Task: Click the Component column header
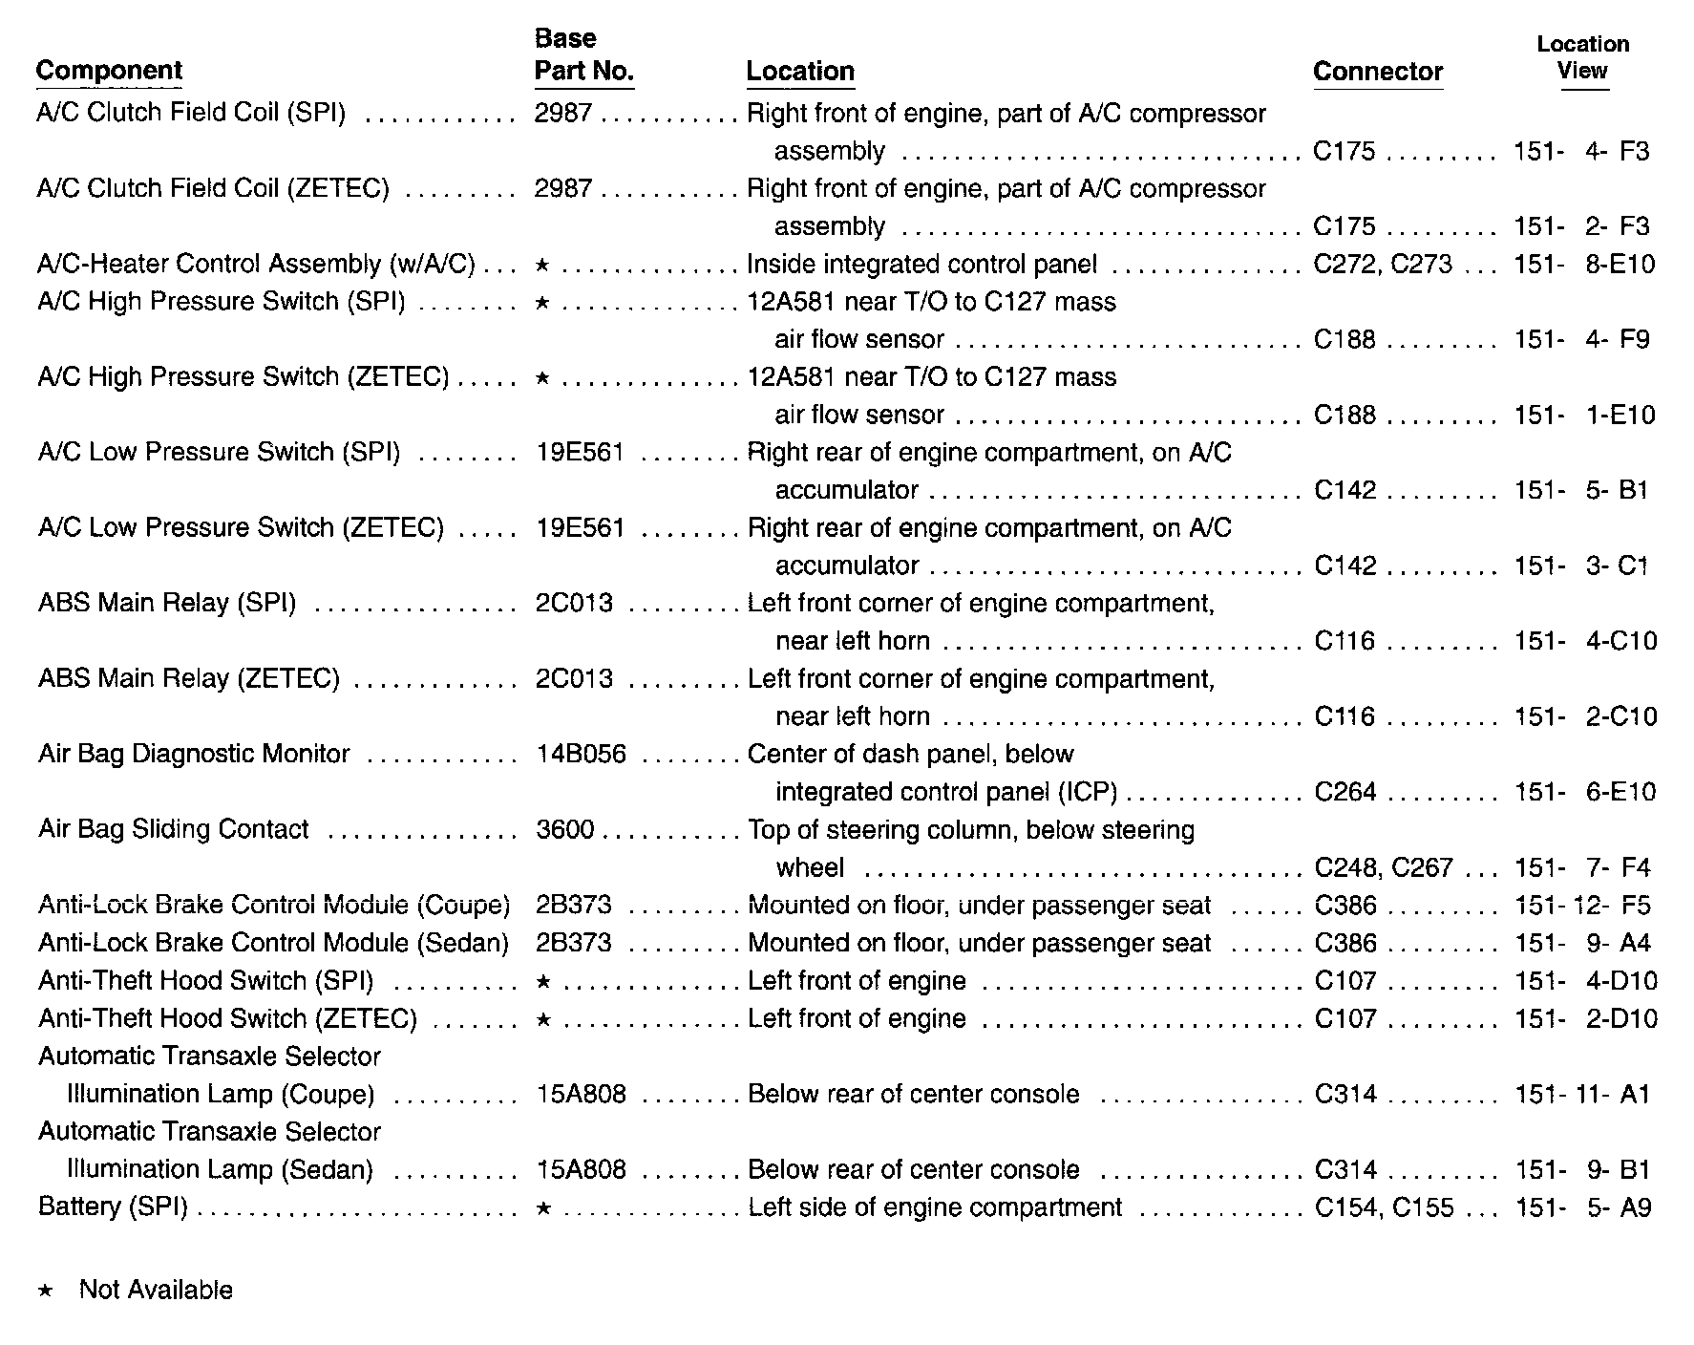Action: coord(109,71)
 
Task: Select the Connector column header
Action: coord(1377,72)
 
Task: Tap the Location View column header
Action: coord(1582,57)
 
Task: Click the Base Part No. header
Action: coord(583,55)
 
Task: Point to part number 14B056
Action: coord(581,755)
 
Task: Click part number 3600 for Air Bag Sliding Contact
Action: coord(565,830)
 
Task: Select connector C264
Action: coord(1345,792)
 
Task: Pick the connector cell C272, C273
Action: coord(1382,265)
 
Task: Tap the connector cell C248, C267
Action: coord(1383,867)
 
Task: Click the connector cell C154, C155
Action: coord(1384,1207)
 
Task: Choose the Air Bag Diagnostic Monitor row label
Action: coord(194,755)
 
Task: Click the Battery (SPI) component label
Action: coord(113,1207)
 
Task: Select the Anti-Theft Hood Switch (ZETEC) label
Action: coord(227,1019)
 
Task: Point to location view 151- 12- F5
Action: coord(1582,906)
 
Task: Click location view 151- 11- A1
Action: coord(1582,1095)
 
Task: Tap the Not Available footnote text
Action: coord(156,1291)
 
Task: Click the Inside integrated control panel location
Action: coord(921,265)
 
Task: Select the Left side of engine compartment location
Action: coord(935,1207)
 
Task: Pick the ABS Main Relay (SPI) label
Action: coord(167,604)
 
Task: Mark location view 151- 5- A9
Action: coord(1582,1207)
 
